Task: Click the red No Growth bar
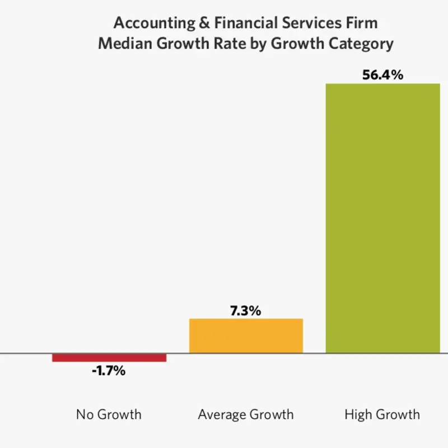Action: (x=109, y=357)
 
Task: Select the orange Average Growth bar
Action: (x=246, y=336)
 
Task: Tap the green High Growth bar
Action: (x=382, y=218)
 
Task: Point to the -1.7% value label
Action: (x=109, y=371)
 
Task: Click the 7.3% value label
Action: (x=245, y=311)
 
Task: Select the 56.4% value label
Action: (x=382, y=75)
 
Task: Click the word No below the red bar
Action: (x=85, y=415)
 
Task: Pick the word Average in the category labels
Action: (x=221, y=415)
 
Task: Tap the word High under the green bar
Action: (x=357, y=415)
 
